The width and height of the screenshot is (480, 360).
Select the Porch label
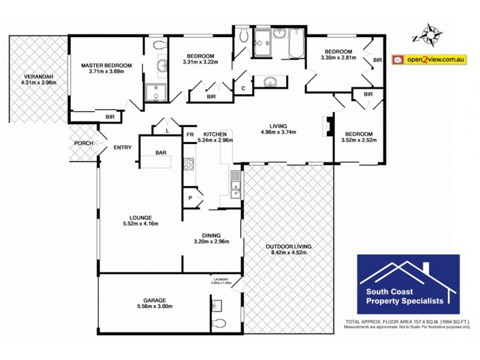[x=83, y=143]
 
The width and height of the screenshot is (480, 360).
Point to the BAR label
[x=161, y=153]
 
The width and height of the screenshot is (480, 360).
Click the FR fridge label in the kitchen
[x=190, y=134]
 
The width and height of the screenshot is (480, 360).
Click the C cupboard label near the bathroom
[x=242, y=88]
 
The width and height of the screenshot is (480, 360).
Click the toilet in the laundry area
[x=219, y=323]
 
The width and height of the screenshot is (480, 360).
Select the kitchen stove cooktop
[x=188, y=163]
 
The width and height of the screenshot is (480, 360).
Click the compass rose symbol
[x=428, y=35]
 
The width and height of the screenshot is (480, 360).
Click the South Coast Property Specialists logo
[x=408, y=284]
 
